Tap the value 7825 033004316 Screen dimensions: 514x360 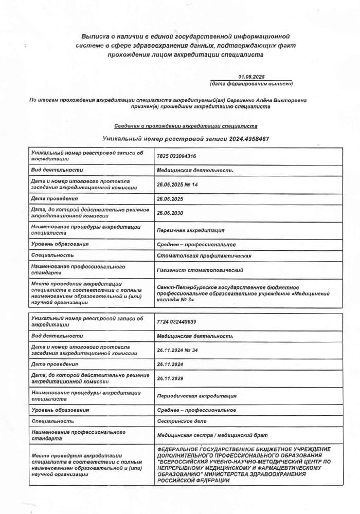click(x=176, y=156)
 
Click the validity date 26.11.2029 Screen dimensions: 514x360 click(x=170, y=378)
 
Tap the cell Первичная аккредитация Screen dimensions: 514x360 click(x=190, y=230)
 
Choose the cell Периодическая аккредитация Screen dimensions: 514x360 click(x=196, y=396)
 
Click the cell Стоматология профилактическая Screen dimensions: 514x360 click(x=204, y=255)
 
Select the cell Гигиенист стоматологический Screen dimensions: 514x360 click(x=200, y=270)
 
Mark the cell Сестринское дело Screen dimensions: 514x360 click(x=182, y=421)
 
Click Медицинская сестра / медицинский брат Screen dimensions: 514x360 click(x=211, y=435)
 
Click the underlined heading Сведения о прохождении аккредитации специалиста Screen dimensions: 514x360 click(x=186, y=126)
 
